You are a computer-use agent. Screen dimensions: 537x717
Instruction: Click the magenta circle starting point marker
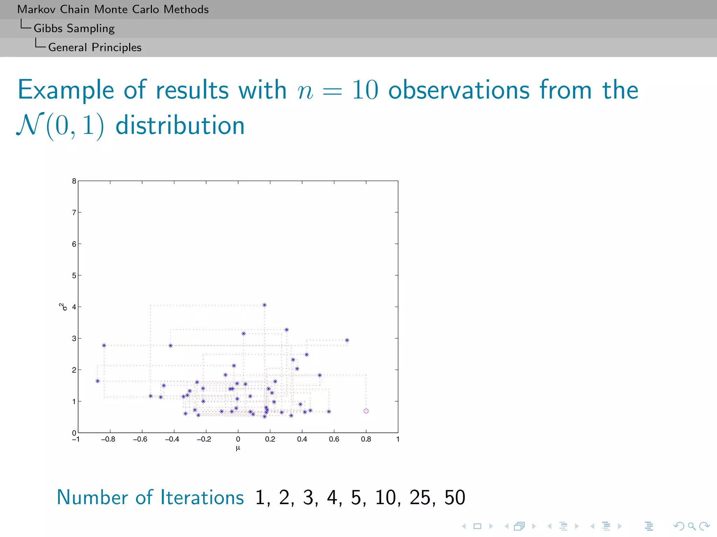coord(366,411)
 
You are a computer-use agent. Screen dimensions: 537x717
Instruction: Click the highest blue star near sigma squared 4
coord(264,305)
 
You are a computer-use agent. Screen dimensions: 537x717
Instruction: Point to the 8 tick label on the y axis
coord(74,181)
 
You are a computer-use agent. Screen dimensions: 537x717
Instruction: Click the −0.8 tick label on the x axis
coord(108,439)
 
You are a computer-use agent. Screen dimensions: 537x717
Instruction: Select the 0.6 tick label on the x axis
coord(334,439)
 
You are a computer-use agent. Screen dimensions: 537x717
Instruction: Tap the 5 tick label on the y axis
coord(74,275)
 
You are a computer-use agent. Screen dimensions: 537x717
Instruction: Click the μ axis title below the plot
coord(238,448)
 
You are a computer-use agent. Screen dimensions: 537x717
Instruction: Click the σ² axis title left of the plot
coord(63,307)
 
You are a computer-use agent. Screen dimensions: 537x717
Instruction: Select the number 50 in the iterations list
coord(454,497)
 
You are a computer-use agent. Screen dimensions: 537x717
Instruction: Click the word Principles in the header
coord(117,47)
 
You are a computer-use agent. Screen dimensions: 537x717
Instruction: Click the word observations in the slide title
coord(459,90)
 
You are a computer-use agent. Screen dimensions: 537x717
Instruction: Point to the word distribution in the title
coord(180,126)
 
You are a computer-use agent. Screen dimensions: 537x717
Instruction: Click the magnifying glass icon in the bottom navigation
coord(691,526)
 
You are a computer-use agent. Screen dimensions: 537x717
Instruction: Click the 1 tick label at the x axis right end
coord(398,439)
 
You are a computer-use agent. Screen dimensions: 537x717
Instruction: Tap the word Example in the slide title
coord(66,90)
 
